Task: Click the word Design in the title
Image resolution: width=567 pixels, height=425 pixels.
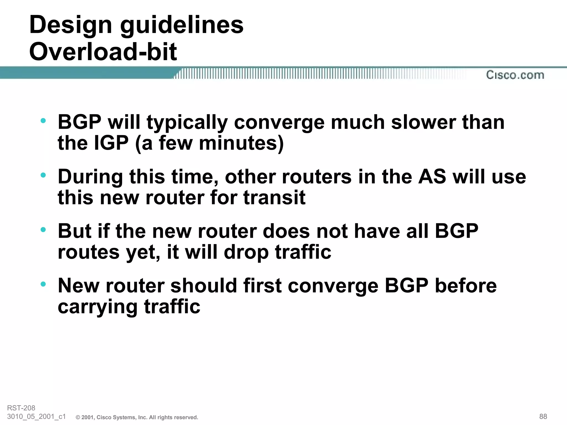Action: click(71, 25)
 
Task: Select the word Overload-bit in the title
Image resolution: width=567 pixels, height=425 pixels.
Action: click(103, 52)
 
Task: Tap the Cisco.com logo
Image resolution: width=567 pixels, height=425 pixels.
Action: click(515, 75)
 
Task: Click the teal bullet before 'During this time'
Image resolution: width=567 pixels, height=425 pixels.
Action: click(43, 175)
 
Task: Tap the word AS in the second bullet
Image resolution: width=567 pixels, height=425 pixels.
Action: click(432, 177)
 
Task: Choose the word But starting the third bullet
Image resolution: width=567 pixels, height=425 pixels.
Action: click(74, 231)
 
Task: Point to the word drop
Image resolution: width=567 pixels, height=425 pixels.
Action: click(246, 252)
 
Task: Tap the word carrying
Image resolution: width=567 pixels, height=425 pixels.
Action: click(97, 307)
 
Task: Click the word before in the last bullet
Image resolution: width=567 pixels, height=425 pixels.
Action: click(466, 286)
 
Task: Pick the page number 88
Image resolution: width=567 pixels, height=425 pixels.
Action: click(543, 416)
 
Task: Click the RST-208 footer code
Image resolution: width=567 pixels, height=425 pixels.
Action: click(21, 408)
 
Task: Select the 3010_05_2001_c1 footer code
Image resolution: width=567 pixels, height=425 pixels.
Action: click(36, 416)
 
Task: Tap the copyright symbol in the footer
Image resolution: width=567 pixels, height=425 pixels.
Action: click(78, 418)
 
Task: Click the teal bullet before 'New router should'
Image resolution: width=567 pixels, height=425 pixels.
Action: click(43, 284)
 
